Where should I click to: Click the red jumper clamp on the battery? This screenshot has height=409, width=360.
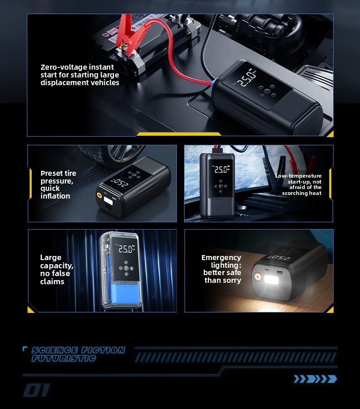click(x=130, y=36)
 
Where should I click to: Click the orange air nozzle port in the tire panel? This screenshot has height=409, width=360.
click(x=99, y=195)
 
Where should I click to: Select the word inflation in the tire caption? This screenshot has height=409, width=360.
click(x=55, y=196)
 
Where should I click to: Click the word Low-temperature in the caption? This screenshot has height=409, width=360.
click(x=298, y=176)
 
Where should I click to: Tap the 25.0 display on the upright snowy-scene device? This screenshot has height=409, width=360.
click(x=221, y=170)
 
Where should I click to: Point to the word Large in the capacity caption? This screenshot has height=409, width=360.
click(x=51, y=258)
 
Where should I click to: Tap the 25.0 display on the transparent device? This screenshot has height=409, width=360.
click(x=126, y=249)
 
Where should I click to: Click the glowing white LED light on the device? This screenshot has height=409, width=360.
click(x=272, y=279)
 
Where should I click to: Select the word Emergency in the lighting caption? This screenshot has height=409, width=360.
click(x=221, y=258)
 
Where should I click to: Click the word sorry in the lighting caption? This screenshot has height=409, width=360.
click(x=231, y=281)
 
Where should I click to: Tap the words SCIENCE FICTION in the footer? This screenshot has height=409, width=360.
click(x=78, y=350)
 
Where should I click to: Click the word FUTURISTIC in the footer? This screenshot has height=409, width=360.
click(x=63, y=358)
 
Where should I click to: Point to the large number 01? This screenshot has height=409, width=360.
click(x=36, y=390)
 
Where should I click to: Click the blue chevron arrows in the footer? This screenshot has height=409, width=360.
click(x=315, y=379)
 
